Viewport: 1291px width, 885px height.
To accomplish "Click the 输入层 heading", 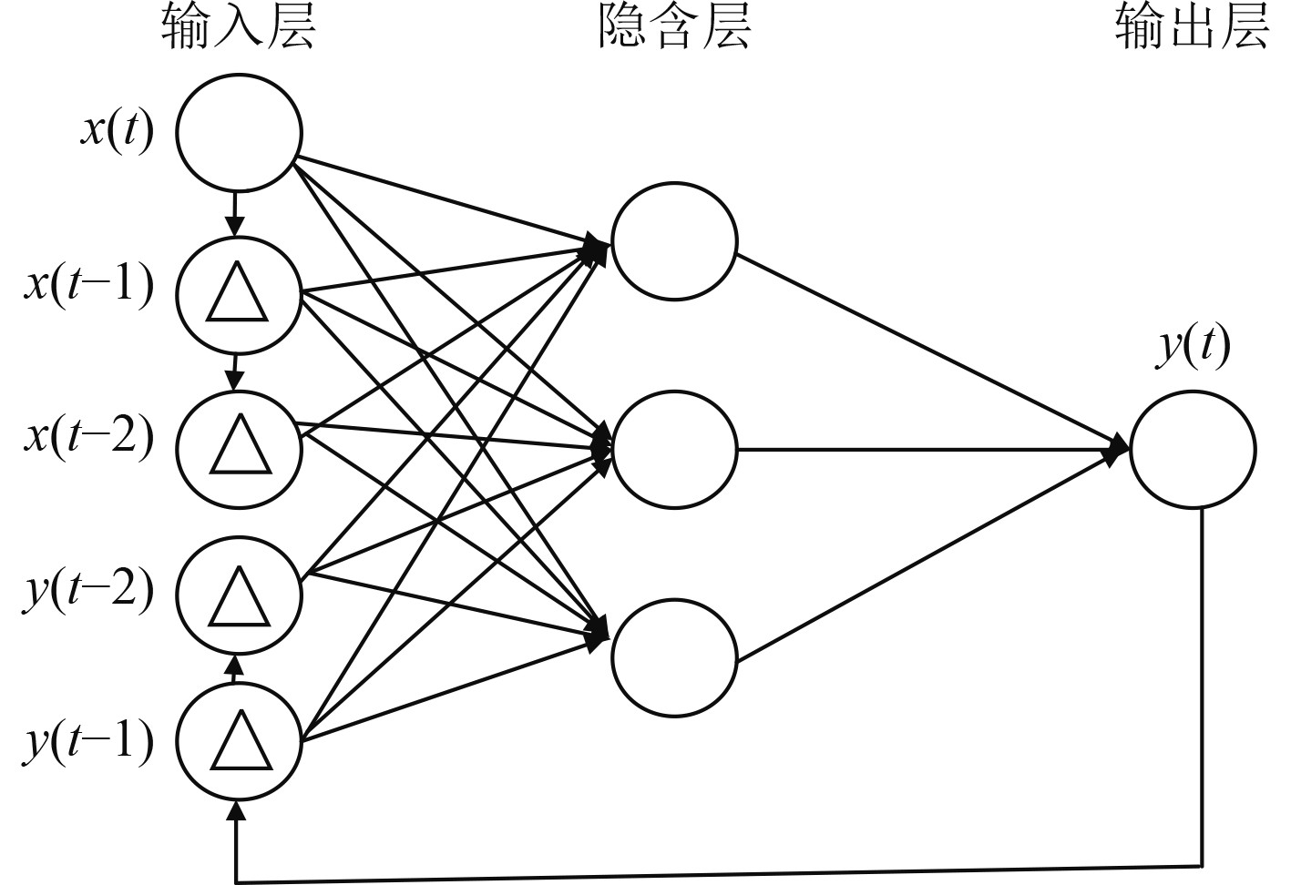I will tap(239, 27).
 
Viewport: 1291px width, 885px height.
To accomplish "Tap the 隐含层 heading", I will tap(674, 27).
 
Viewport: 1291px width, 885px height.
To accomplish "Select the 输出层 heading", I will tap(1192, 27).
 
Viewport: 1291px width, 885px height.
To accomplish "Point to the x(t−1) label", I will tap(89, 286).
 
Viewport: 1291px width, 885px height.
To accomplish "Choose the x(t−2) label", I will tap(89, 437).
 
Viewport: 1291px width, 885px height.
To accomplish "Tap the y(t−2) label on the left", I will tap(89, 590).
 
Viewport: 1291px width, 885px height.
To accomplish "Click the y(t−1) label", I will tap(89, 741).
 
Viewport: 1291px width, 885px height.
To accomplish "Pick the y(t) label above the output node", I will tap(1193, 346).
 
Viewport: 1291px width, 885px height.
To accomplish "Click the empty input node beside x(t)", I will tap(239, 132).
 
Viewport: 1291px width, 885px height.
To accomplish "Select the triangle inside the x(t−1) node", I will tap(238, 294).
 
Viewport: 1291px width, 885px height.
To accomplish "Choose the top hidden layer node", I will tap(674, 241).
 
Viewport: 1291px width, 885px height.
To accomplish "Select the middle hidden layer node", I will tap(674, 449).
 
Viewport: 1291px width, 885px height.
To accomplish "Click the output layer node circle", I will tap(1193, 449).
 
